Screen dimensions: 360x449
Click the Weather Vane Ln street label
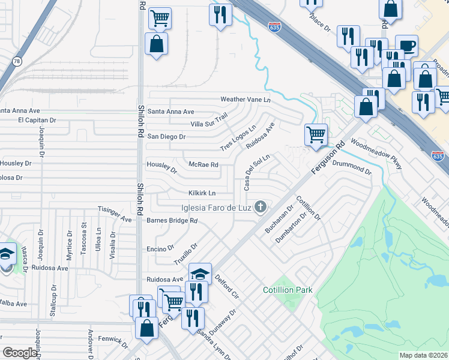tap(246, 99)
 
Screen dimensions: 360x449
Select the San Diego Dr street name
tap(166, 137)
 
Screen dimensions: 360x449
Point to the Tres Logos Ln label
tap(238, 139)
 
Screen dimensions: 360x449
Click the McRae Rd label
tap(203, 164)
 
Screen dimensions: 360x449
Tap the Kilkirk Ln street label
tap(202, 193)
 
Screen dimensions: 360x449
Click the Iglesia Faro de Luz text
tap(215, 208)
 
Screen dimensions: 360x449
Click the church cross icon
tap(260, 208)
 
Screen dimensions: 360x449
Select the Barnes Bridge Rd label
tap(172, 221)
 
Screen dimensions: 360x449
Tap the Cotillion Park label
tap(288, 290)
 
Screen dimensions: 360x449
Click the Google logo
tap(20, 353)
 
